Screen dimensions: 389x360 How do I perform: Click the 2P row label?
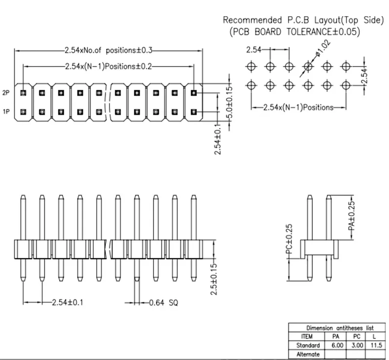[x=6, y=93]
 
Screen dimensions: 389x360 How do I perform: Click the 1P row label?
[x=6, y=112]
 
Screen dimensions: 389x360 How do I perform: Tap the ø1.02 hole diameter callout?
[x=323, y=48]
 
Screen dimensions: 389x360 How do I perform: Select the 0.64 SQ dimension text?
[x=164, y=303]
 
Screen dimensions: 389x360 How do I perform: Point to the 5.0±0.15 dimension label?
[x=230, y=102]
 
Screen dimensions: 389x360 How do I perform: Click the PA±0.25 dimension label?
[x=351, y=216]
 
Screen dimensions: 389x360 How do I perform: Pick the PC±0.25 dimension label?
[x=289, y=239]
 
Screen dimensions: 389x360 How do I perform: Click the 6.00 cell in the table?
[x=337, y=345]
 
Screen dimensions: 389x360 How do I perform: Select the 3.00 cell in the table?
[x=357, y=345]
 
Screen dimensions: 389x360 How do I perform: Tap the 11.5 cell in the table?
[x=376, y=345]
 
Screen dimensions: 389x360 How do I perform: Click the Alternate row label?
[x=308, y=354]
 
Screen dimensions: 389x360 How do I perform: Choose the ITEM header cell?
[x=307, y=337]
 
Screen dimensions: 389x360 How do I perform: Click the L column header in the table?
[x=374, y=337]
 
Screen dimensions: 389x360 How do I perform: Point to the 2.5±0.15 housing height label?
[x=214, y=279]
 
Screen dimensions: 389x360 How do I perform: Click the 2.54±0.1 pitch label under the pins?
[x=67, y=302]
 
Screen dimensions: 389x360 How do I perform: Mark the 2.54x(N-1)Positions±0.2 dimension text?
[x=108, y=67]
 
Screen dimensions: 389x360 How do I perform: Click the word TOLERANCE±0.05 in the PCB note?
[x=321, y=32]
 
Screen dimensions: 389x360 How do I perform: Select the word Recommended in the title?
[x=252, y=20]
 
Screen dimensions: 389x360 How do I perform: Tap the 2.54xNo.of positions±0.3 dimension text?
[x=108, y=50]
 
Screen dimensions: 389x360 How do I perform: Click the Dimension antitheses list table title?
[x=340, y=328]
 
